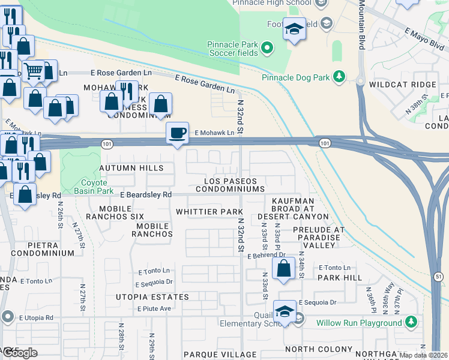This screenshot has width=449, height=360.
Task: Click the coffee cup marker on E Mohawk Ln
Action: (177, 133)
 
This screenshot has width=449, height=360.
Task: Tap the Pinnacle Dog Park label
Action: (296, 77)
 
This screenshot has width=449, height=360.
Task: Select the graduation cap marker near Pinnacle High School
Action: (294, 29)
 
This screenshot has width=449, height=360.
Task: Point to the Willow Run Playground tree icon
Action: (411, 323)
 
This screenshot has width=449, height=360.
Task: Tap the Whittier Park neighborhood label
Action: (209, 212)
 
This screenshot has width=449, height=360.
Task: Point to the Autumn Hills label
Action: (131, 168)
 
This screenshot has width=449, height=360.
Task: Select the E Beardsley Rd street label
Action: (146, 195)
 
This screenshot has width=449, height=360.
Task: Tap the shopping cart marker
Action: (34, 70)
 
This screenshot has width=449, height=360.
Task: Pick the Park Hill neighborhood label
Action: (340, 278)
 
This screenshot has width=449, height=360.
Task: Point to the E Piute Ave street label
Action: (154, 309)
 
